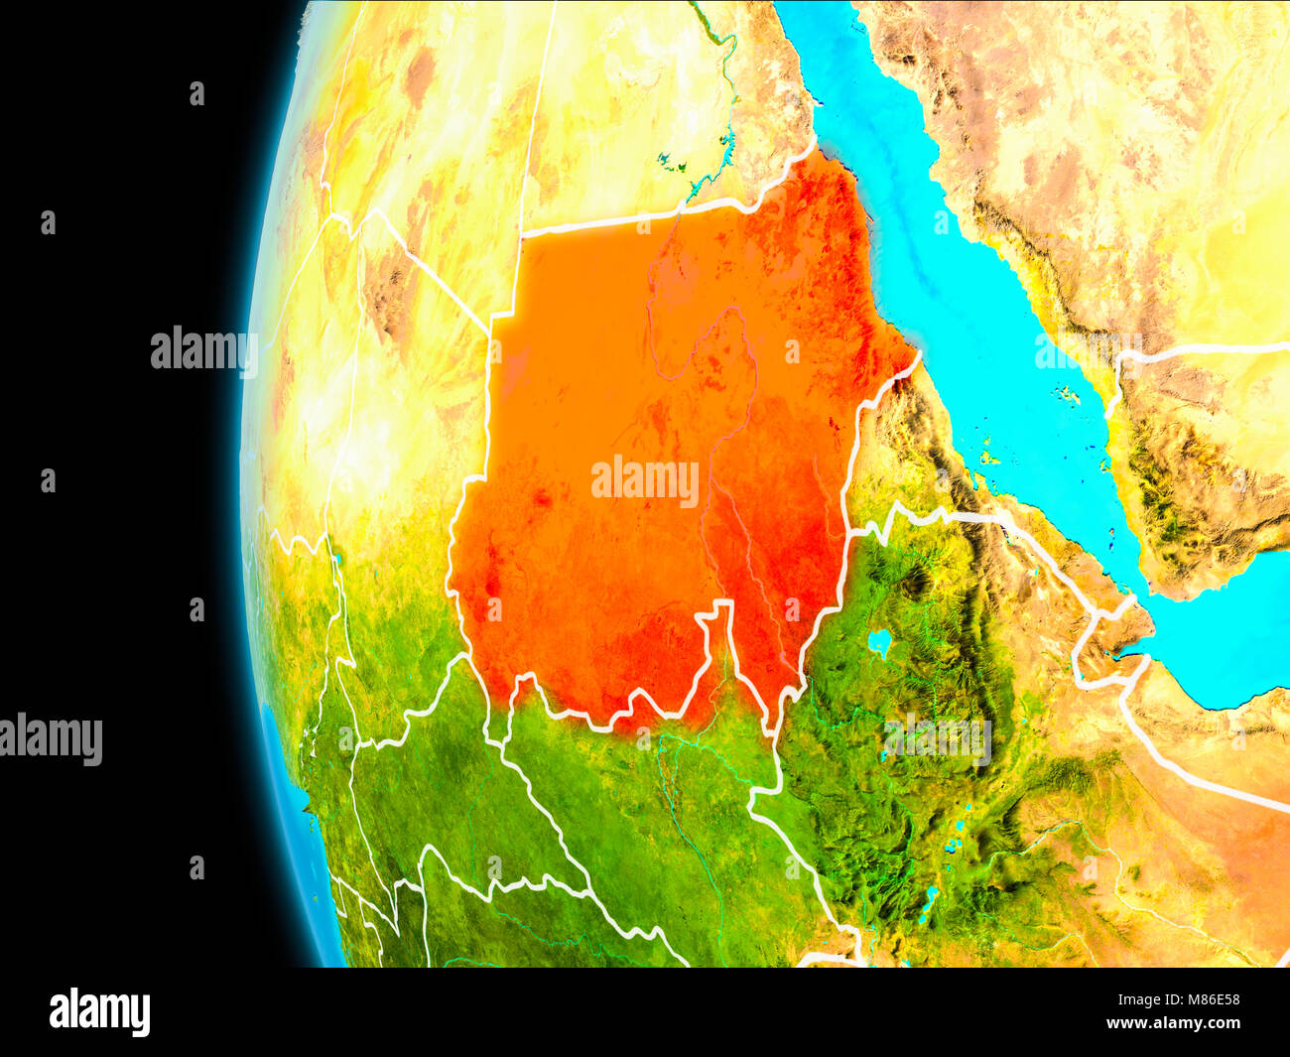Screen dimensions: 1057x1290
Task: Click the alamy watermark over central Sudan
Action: tap(645, 481)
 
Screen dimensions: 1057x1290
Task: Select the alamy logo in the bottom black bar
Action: tap(99, 1012)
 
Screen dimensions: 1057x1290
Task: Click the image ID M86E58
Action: tap(1205, 1000)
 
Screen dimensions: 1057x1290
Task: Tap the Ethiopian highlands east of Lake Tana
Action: tap(953, 635)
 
